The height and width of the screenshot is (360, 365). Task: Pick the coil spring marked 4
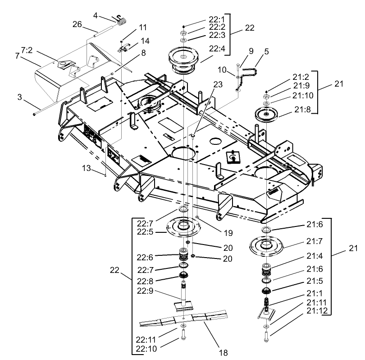coord(120,20)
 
